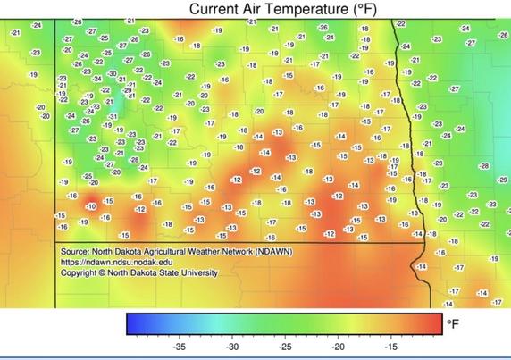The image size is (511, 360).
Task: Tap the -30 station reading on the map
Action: (113, 73)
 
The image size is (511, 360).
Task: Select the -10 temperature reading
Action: (91, 206)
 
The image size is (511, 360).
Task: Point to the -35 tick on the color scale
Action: (180, 346)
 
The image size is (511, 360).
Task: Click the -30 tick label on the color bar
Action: (232, 346)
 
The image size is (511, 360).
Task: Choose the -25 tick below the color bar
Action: (285, 346)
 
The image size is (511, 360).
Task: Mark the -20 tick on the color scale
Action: (338, 346)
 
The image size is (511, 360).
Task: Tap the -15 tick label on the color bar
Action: (390, 346)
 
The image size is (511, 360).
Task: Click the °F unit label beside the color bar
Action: (455, 324)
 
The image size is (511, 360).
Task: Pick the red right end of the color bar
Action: (438, 323)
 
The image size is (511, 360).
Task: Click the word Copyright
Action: (81, 274)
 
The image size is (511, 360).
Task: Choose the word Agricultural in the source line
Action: (176, 253)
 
